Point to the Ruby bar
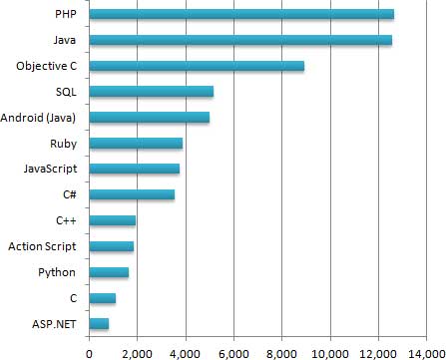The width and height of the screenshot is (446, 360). (136, 144)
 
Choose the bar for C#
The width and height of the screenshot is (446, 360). (132, 194)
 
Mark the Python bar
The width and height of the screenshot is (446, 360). (109, 272)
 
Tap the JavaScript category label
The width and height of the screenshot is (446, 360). (52, 169)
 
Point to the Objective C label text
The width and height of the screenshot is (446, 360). (48, 66)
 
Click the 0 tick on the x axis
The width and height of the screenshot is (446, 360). (89, 351)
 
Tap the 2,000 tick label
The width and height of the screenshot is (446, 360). (137, 351)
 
